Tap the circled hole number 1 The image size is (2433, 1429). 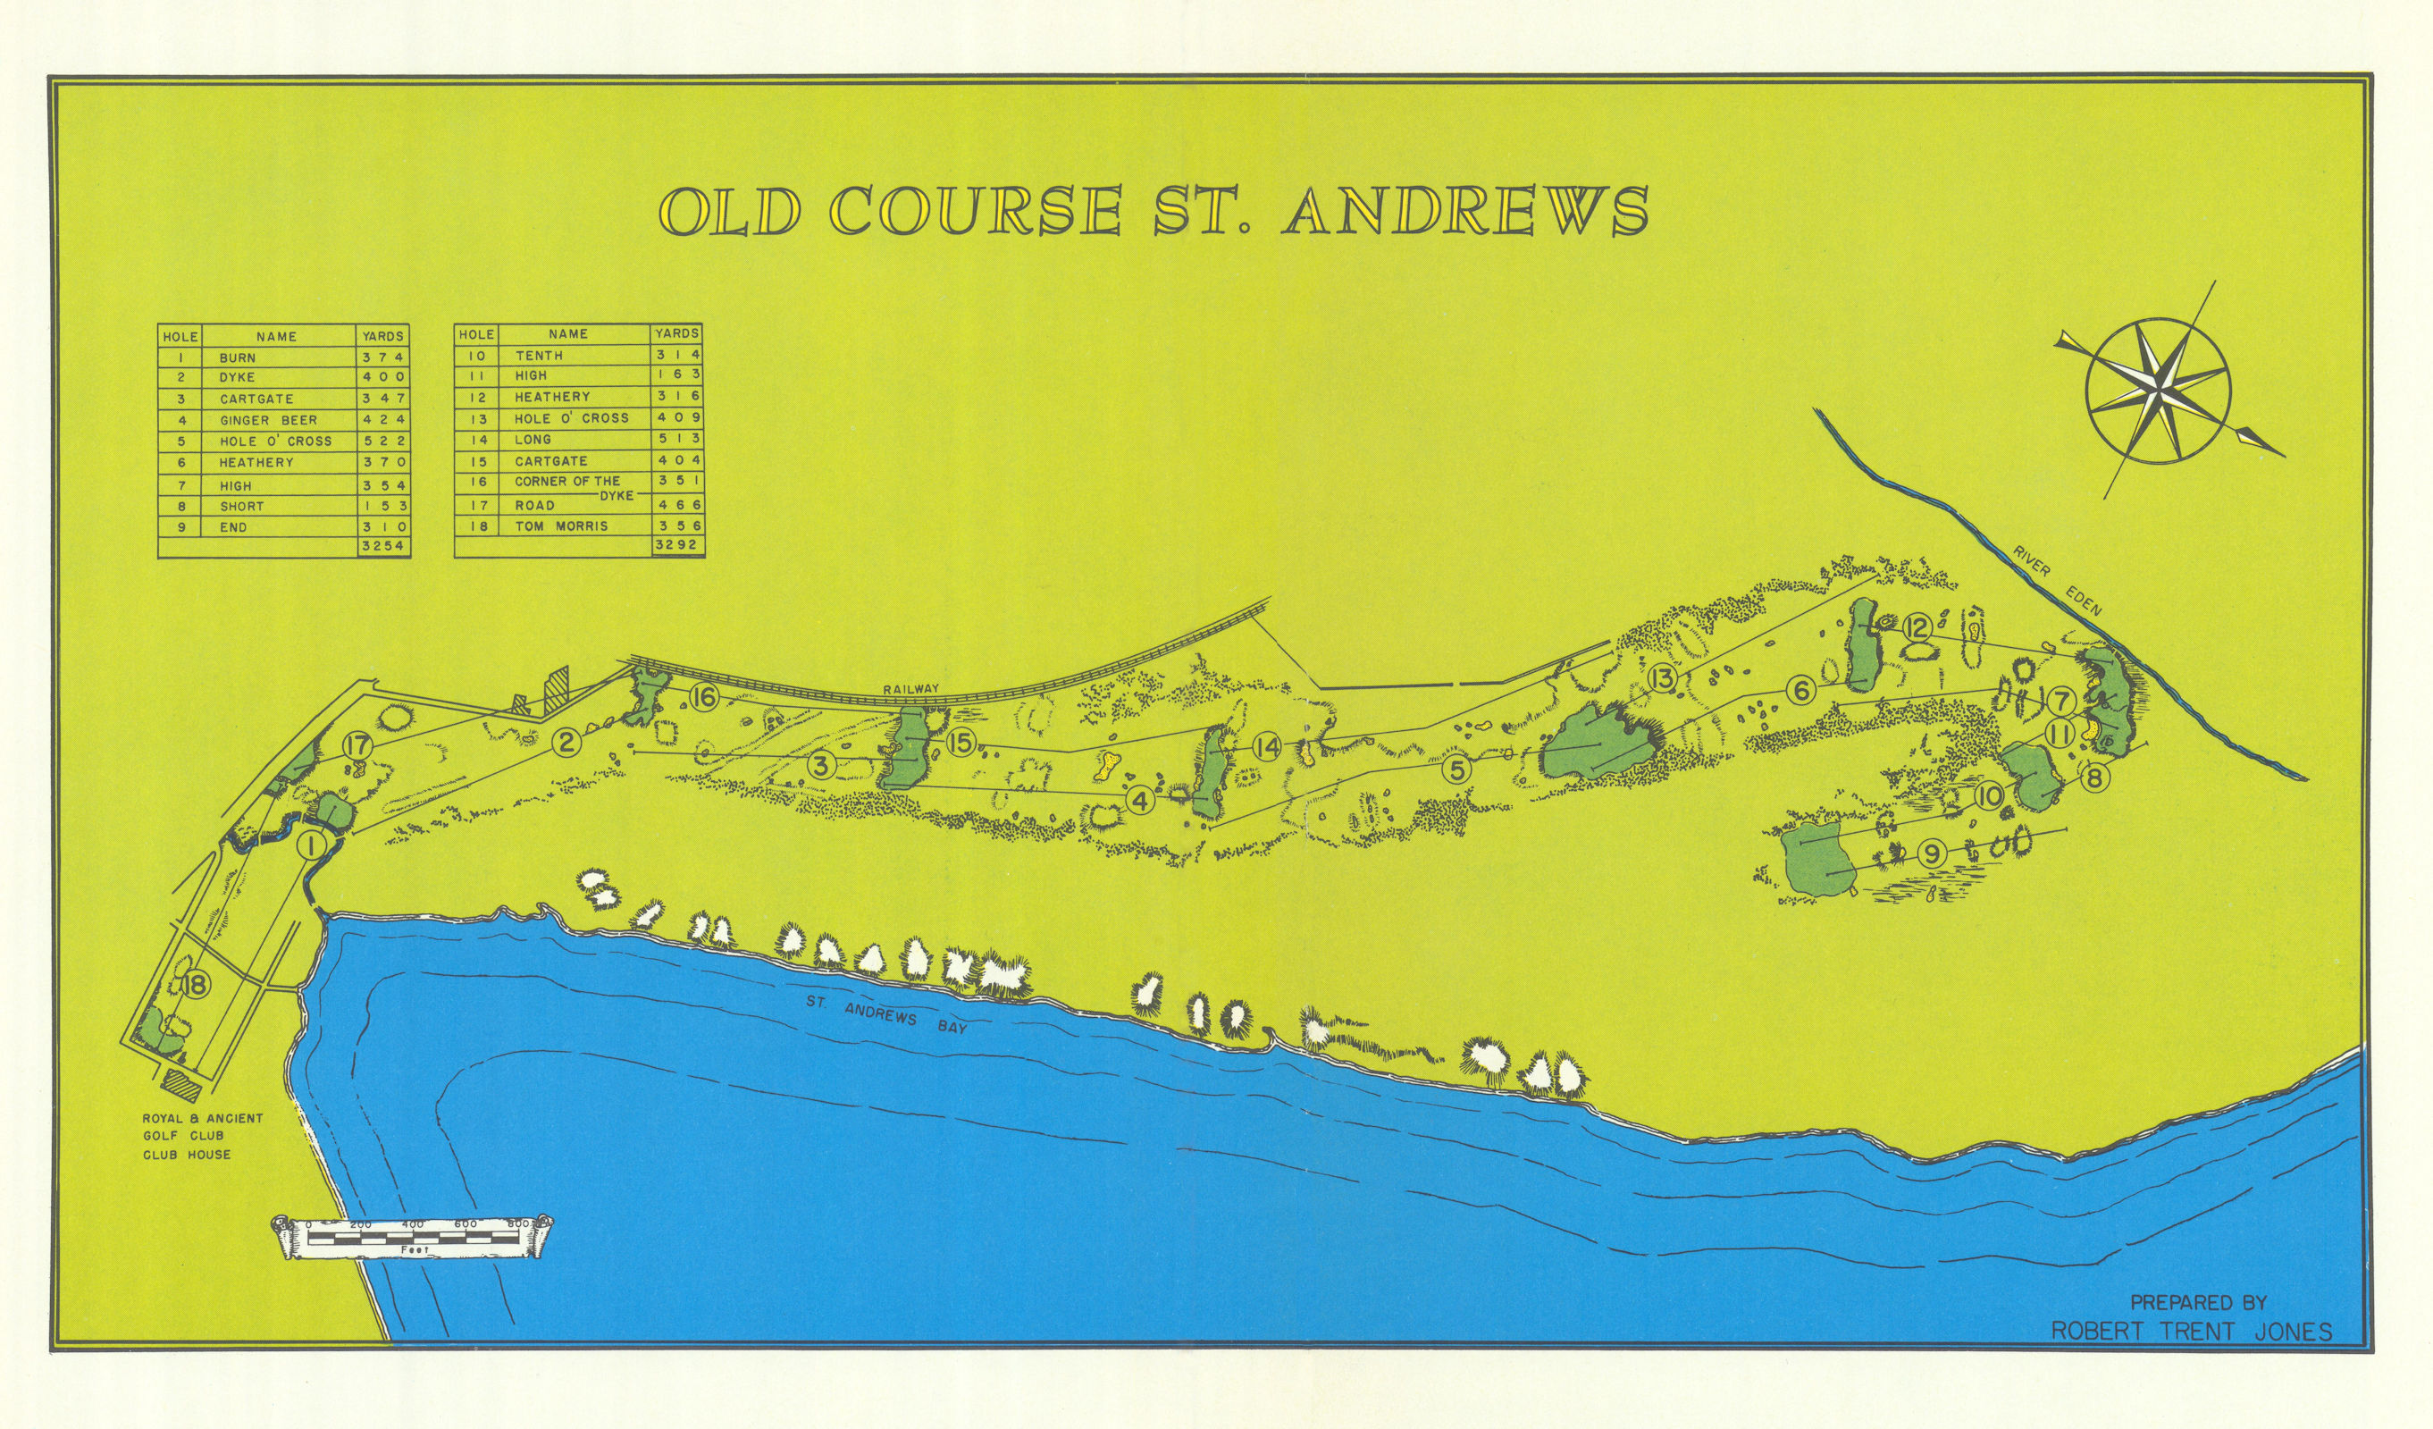coord(312,845)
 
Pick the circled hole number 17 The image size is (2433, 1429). coord(357,745)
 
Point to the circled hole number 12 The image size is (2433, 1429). coord(1916,628)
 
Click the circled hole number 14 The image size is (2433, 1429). coord(1268,746)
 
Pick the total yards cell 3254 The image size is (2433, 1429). coord(383,547)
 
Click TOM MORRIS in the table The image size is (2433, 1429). coord(561,526)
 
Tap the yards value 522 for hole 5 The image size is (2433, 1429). coord(383,441)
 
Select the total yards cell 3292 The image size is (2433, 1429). coord(678,545)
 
